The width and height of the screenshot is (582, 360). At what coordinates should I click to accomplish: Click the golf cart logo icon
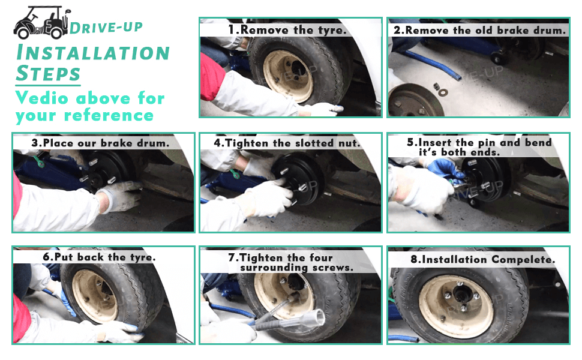pos(41,23)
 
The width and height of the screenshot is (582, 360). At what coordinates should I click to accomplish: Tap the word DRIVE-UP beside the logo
pos(106,28)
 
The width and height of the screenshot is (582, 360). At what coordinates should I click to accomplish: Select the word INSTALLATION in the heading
pos(93,52)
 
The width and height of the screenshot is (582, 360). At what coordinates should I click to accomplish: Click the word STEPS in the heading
pos(48,73)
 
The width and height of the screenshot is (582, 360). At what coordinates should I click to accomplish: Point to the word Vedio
pos(41,98)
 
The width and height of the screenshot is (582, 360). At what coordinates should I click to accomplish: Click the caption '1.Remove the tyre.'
pos(287,30)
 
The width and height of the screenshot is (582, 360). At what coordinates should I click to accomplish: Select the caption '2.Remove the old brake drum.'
pos(479,30)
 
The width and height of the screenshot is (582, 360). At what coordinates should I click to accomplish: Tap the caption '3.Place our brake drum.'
pos(100,143)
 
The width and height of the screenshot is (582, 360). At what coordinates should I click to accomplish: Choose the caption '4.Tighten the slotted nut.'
pos(287,143)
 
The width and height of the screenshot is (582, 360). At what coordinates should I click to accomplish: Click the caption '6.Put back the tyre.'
pos(99,257)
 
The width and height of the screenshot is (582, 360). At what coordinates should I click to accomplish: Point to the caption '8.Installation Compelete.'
pos(483,259)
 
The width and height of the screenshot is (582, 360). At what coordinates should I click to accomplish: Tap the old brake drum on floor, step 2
pos(415,101)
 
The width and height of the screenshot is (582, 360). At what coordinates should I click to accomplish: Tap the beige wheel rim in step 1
pos(289,76)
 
